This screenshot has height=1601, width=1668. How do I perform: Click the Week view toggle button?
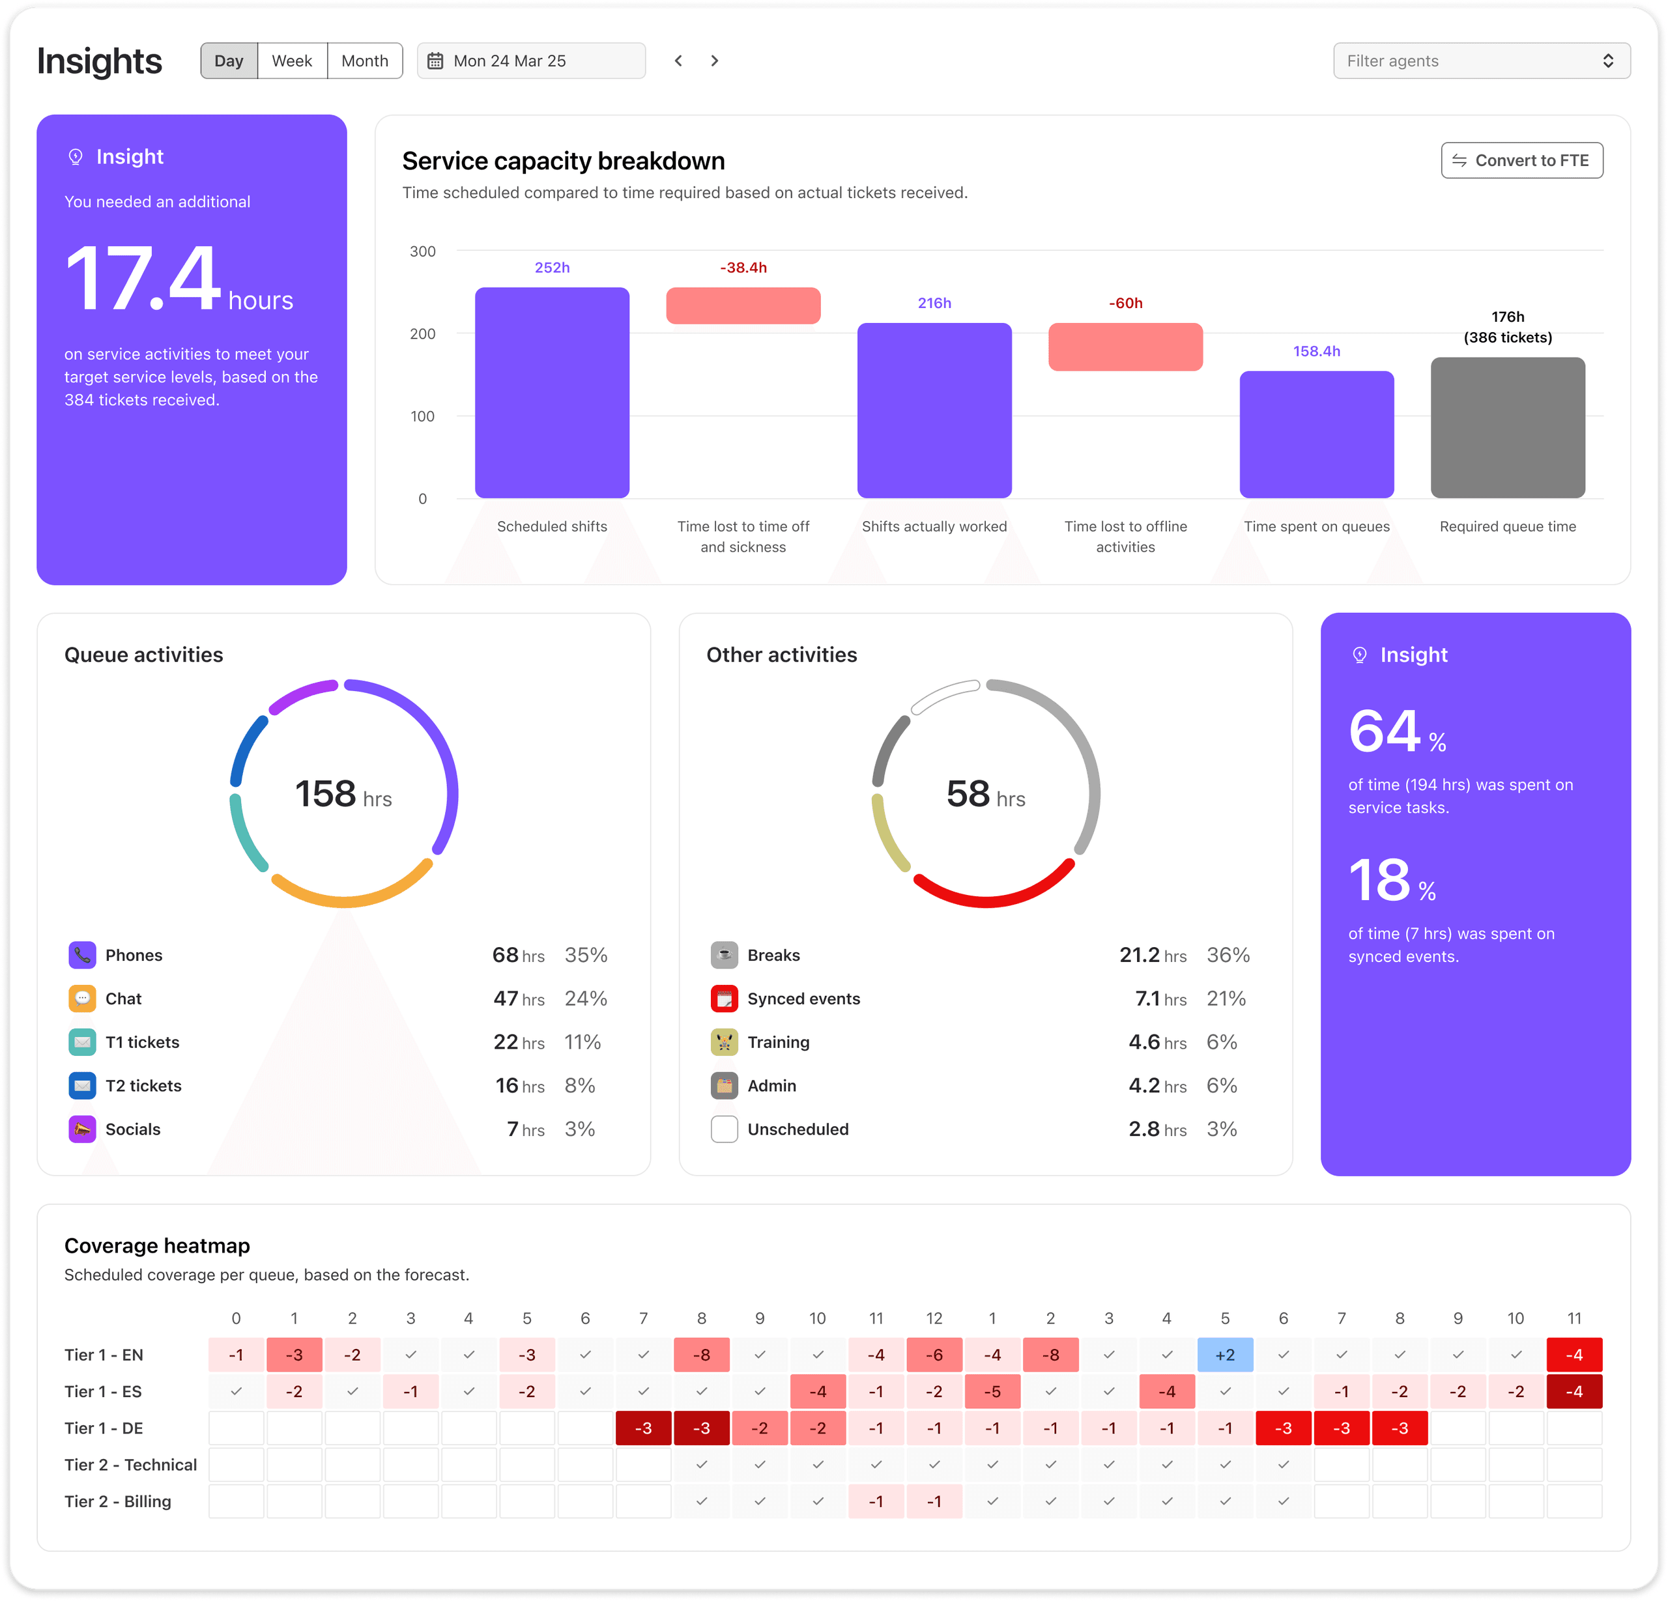pyautogui.click(x=292, y=61)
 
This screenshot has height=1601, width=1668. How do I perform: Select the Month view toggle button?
pyautogui.click(x=364, y=61)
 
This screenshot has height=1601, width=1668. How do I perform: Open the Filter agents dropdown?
pyautogui.click(x=1481, y=61)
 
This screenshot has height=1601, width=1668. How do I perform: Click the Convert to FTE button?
pyautogui.click(x=1521, y=161)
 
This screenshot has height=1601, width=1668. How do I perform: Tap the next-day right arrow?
pyautogui.click(x=715, y=61)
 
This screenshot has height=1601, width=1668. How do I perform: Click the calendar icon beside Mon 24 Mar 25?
pyautogui.click(x=435, y=61)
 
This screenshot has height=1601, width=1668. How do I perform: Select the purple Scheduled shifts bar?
pyautogui.click(x=551, y=392)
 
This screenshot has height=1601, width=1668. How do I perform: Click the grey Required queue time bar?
pyautogui.click(x=1507, y=427)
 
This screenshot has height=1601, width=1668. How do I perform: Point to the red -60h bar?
pyautogui.click(x=1125, y=347)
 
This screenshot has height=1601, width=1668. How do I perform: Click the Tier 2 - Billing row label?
pyautogui.click(x=117, y=1501)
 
